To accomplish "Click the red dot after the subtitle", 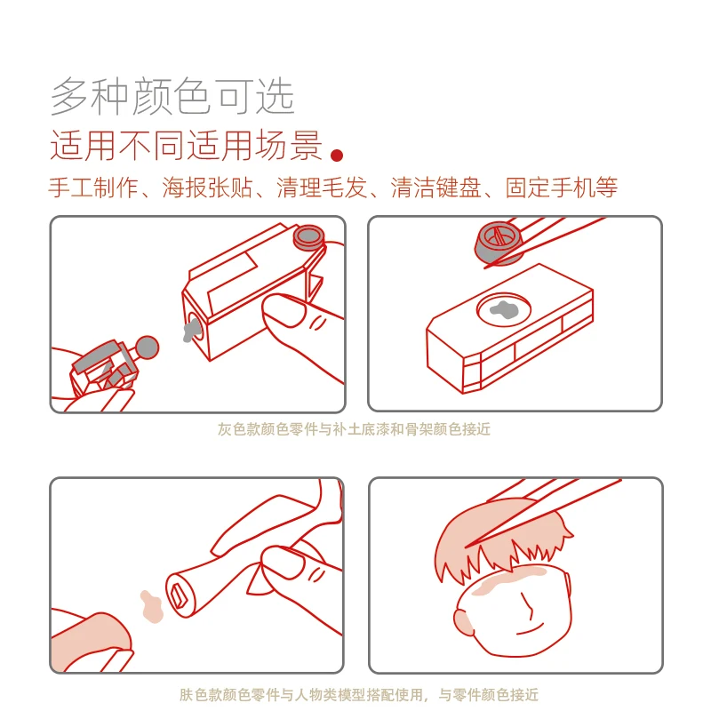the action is point(337,156).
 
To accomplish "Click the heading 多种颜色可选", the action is point(172,96).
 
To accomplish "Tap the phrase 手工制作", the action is point(93,188).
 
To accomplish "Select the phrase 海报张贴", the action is point(207,188).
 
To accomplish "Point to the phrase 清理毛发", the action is point(322,188).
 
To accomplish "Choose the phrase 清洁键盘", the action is point(435,188).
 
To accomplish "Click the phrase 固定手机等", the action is point(562,188).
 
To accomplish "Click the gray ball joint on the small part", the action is point(147,348).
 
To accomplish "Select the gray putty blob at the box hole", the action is point(191,331).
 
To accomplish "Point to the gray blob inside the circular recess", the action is point(504,309).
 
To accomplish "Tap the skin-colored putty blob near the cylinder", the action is point(151,607).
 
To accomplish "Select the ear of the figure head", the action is point(463,621).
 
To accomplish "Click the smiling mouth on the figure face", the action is point(530,630).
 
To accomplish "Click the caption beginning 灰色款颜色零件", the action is point(354,429).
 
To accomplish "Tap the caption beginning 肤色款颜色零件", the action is point(359,694).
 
